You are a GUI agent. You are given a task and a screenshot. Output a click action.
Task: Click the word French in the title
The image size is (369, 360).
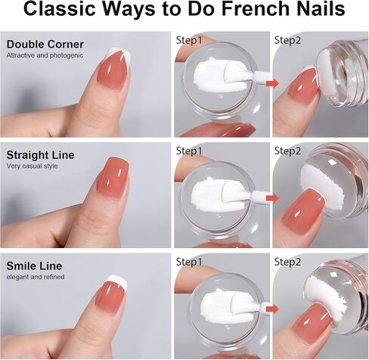coord(256,9)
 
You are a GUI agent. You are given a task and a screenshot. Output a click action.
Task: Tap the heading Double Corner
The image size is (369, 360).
coord(45,45)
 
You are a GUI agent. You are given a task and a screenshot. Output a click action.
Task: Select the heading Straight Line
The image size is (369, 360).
coord(40,155)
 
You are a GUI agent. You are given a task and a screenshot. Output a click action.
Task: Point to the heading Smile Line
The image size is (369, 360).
coord(34,266)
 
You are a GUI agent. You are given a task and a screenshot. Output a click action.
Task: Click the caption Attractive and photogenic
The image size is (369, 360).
coord(45,55)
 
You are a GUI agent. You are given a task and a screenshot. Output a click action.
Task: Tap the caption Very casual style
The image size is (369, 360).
coord(32,166)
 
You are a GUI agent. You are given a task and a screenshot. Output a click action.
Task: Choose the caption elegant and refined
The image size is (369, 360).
coord(36,277)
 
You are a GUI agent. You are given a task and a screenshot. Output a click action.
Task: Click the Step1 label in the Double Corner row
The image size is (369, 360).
coord(189,40)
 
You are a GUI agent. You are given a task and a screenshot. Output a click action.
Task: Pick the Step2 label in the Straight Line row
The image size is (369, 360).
coord(287,151)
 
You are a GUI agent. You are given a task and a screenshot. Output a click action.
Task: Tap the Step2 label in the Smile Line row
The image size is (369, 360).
coord(287,262)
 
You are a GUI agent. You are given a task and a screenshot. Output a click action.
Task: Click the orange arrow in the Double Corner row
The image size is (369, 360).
coord(272,83)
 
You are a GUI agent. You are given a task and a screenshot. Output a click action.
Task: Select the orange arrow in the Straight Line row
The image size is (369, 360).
coord(272,198)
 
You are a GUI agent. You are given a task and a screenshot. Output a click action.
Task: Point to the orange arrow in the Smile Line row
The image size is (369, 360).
coord(272,309)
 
